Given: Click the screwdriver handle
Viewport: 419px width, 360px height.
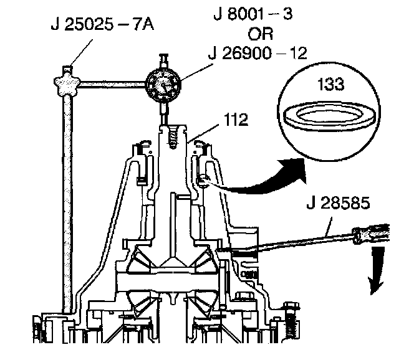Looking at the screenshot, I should (x=373, y=235).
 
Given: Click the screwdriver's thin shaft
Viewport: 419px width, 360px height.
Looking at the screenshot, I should (x=293, y=243).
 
